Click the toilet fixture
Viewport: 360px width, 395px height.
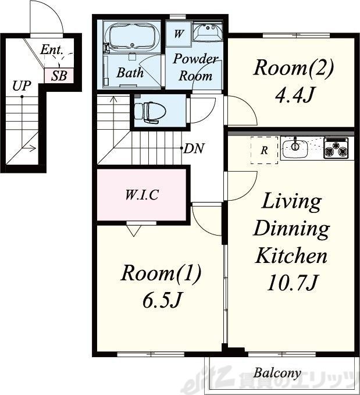(x=150, y=112)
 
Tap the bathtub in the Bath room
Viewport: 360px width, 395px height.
(x=131, y=37)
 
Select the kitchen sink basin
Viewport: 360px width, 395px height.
(x=295, y=149)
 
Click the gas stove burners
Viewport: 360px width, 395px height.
(x=336, y=148)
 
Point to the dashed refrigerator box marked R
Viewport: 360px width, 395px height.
(x=264, y=151)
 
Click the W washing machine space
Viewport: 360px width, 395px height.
(x=179, y=34)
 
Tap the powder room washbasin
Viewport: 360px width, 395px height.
(x=208, y=31)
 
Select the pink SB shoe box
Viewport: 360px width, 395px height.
(x=59, y=75)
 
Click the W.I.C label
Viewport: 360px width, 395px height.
(x=142, y=195)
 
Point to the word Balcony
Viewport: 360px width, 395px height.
(x=277, y=373)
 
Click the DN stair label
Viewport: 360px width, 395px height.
(x=194, y=148)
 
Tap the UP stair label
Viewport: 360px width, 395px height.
(x=22, y=86)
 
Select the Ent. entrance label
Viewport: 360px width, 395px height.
(x=51, y=49)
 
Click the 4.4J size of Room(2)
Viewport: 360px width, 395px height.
(x=294, y=95)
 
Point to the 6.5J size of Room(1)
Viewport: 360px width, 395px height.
(x=162, y=300)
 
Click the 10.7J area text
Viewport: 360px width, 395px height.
(x=292, y=283)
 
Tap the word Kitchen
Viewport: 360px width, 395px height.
(x=291, y=255)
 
